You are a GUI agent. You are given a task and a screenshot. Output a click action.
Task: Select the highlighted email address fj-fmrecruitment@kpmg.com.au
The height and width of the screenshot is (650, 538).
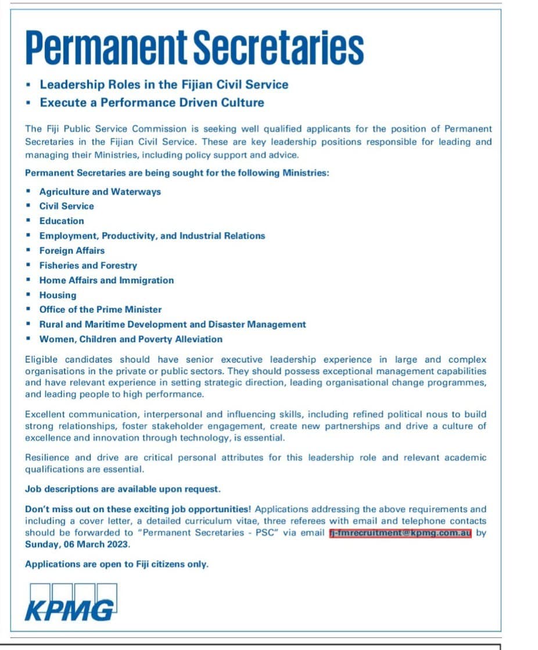click(400, 533)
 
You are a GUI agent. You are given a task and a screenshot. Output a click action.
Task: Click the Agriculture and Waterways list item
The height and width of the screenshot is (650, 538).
click(100, 191)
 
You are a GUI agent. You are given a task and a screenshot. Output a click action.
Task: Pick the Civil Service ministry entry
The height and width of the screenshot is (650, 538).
click(66, 206)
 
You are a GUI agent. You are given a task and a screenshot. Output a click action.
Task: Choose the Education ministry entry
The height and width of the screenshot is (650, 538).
click(62, 221)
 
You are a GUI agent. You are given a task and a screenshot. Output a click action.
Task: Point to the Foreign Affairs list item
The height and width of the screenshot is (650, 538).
click(72, 251)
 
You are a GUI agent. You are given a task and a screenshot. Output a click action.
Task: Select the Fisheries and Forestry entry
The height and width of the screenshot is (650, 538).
click(88, 265)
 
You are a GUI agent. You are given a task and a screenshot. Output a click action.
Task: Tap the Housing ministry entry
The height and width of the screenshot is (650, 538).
click(58, 295)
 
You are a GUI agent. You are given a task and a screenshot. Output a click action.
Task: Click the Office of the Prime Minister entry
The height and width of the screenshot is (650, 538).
click(101, 310)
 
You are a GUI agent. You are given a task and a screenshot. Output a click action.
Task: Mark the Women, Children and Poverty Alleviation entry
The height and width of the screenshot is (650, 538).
click(131, 339)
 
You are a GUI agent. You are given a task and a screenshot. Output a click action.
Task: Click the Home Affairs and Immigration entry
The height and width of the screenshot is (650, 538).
click(106, 280)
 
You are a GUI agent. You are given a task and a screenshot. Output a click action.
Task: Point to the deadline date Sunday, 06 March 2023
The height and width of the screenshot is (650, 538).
click(78, 545)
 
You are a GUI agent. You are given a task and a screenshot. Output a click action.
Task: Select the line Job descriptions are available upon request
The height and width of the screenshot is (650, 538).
click(123, 489)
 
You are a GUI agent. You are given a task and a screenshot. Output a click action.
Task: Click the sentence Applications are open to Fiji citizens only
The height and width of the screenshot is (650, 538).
click(116, 564)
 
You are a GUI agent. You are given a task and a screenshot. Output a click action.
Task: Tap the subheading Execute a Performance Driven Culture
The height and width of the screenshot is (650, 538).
click(152, 103)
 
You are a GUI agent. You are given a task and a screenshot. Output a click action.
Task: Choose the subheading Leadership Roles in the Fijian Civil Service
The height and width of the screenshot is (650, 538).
click(164, 84)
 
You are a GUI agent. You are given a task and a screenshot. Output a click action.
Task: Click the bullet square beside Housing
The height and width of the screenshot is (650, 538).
click(28, 295)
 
